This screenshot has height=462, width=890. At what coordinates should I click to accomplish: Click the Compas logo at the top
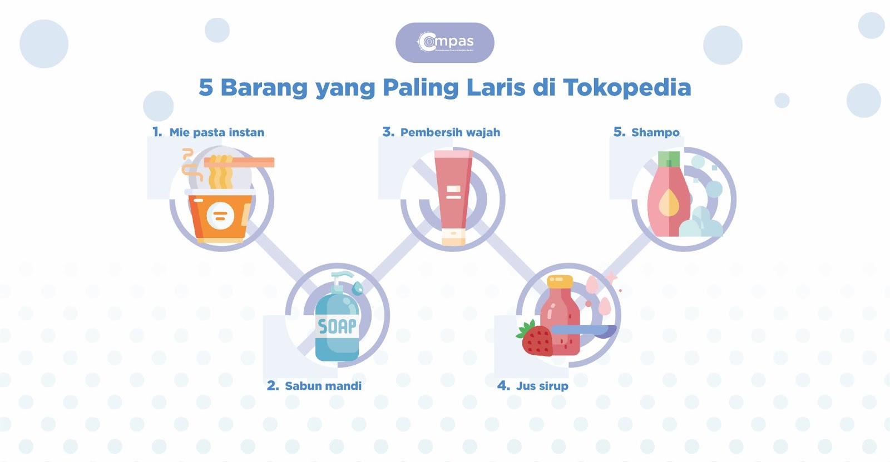(x=445, y=42)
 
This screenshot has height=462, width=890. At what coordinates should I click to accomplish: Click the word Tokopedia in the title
(x=627, y=88)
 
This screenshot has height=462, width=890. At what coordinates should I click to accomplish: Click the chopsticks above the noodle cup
(x=239, y=162)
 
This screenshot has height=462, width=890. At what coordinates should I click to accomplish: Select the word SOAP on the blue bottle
(x=337, y=326)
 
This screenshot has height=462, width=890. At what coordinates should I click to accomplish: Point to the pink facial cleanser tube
(x=453, y=192)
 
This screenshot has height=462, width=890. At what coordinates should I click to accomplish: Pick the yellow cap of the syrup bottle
(x=560, y=281)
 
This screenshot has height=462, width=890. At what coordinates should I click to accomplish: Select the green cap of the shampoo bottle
(x=669, y=159)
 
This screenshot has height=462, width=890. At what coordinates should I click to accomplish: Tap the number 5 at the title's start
(x=206, y=88)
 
